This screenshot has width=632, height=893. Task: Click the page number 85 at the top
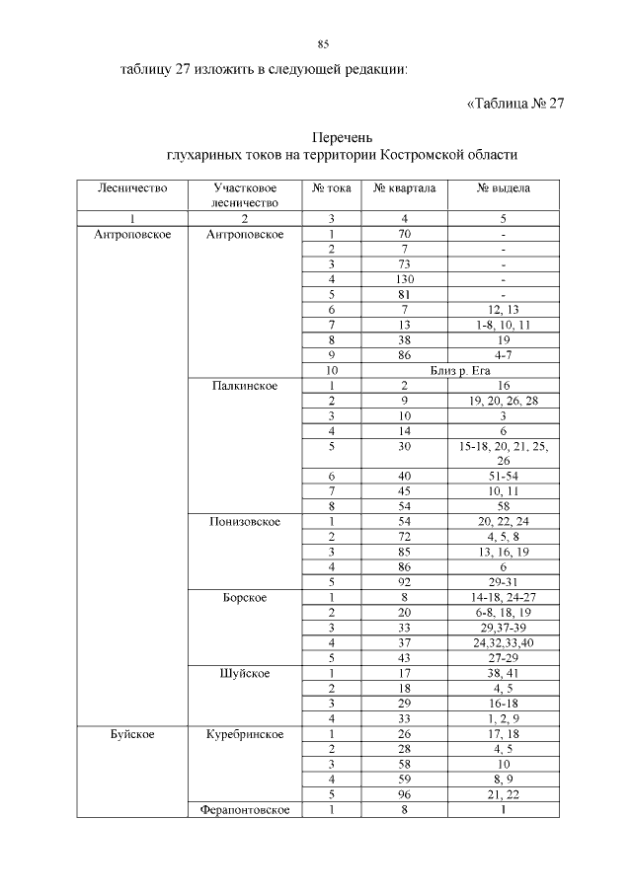[323, 44]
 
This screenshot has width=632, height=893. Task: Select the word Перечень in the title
[342, 137]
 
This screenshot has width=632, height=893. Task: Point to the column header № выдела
[504, 187]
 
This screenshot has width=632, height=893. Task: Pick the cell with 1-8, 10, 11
[504, 325]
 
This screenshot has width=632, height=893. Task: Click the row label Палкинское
[243, 386]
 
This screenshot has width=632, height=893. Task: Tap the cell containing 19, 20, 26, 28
[504, 402]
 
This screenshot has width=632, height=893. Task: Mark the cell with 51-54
[504, 476]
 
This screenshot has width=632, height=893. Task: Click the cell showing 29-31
[504, 582]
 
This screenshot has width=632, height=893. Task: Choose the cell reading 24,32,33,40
[504, 643]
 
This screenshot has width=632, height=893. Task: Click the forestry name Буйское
[131, 734]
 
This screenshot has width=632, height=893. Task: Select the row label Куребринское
[245, 734]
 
